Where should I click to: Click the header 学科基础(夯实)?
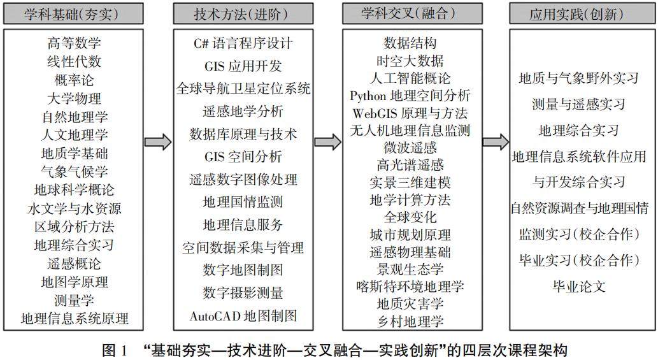tap(75, 13)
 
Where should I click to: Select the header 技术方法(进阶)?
tap(243, 13)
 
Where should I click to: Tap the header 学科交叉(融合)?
tap(410, 12)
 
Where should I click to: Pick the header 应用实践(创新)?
tap(576, 13)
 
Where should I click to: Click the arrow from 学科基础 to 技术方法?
tap(158, 142)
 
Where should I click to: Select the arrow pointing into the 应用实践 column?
tap(495, 142)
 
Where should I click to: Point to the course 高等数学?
tap(75, 43)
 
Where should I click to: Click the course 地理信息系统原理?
tap(75, 318)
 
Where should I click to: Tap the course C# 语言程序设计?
tap(243, 43)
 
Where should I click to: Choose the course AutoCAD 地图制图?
tap(243, 315)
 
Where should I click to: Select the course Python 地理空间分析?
tap(410, 96)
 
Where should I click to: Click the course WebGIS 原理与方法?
tap(410, 113)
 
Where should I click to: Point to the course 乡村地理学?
tap(410, 320)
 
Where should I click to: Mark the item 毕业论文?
tap(578, 286)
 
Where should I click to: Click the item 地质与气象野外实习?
tap(578, 78)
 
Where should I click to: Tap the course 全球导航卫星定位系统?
tap(243, 89)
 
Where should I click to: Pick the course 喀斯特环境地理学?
tap(410, 286)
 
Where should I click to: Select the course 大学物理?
tap(75, 99)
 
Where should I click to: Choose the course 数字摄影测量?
tap(243, 292)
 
